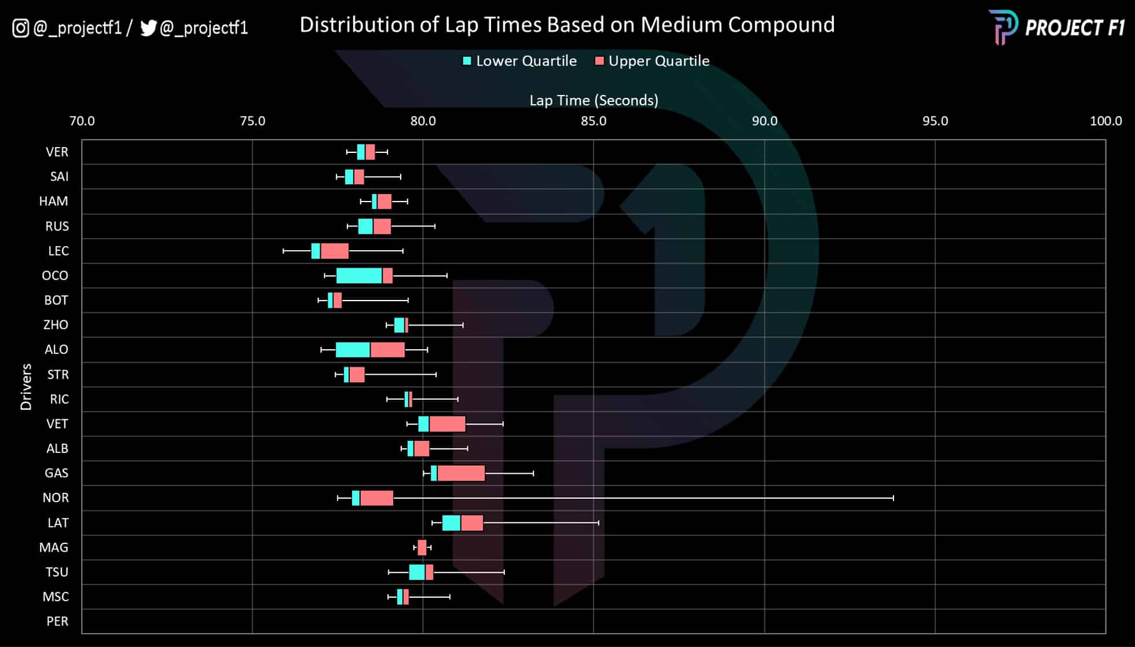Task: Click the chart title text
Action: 567,25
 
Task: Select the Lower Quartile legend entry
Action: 519,61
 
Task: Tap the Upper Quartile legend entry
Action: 652,61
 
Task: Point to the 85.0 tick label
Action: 594,121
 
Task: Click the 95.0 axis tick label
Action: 935,121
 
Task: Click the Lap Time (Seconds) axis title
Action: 594,100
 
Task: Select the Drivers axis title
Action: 26,387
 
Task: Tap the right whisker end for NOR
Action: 893,498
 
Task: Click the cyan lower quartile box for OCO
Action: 359,276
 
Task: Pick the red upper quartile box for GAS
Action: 461,473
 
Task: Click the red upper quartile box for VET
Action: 447,424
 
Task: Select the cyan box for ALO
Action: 353,350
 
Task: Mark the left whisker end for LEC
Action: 283,251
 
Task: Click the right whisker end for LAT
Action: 598,523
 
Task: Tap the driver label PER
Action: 57,622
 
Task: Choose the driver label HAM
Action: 53,202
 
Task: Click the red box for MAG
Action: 422,547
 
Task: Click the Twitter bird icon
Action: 148,28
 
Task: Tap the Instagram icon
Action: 21,28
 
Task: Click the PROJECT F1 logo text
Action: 1074,28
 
